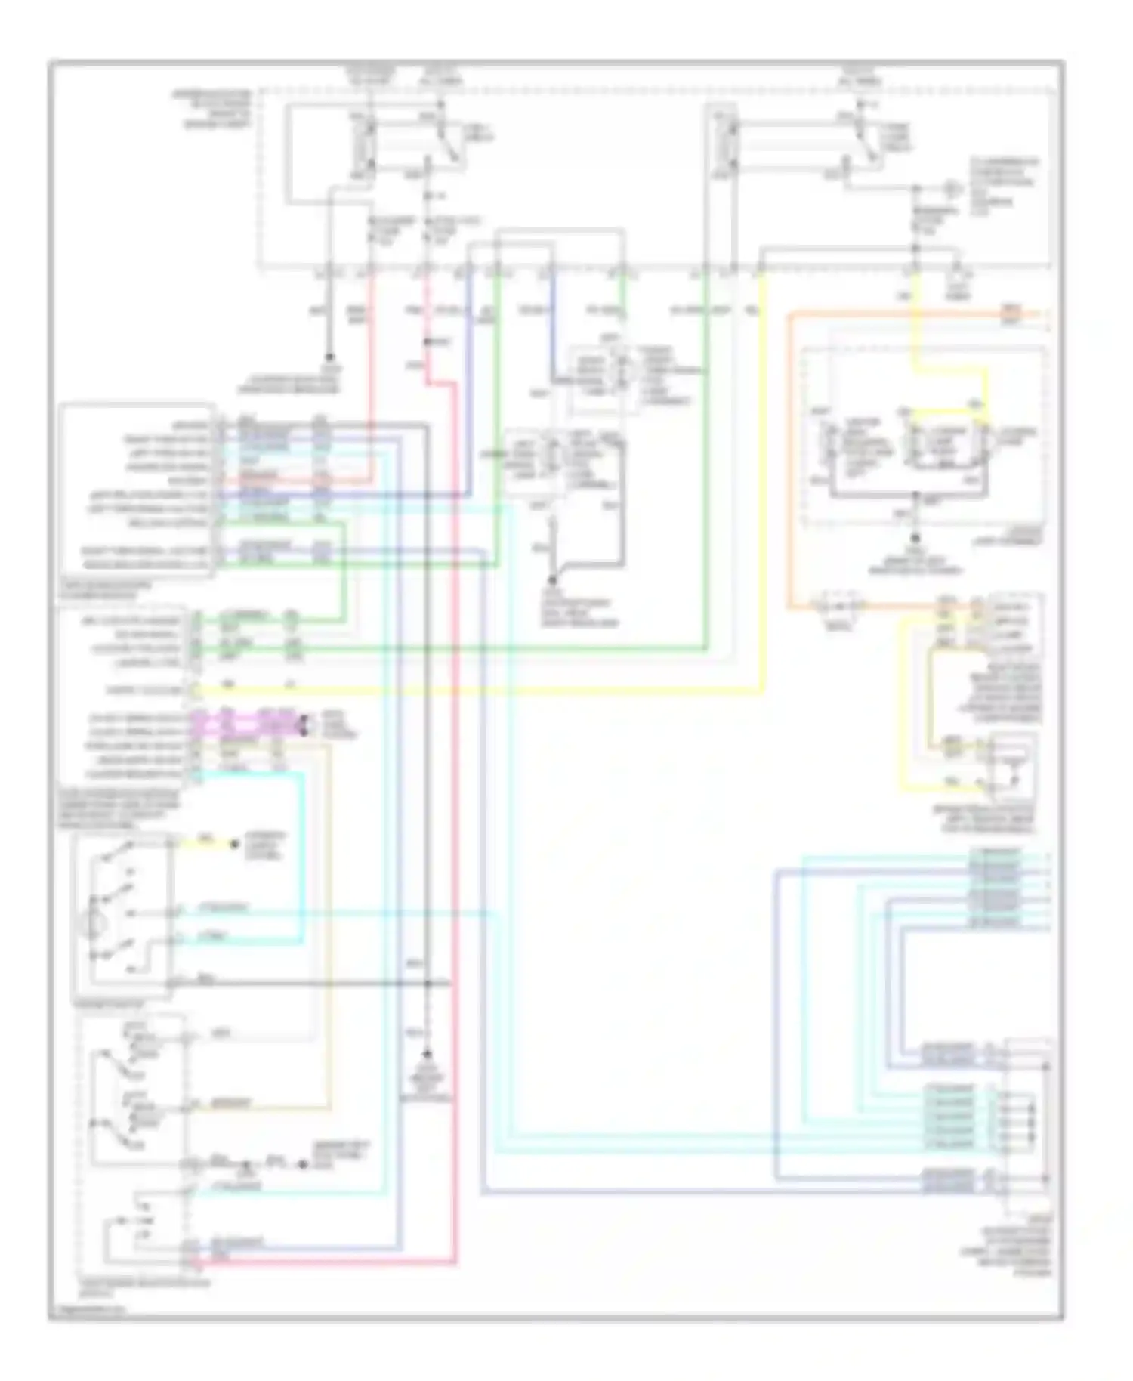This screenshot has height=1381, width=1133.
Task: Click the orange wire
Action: click(x=789, y=453)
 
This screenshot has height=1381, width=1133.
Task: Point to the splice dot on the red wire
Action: click(x=427, y=342)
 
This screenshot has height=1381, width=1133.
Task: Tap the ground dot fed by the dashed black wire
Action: click(x=428, y=1053)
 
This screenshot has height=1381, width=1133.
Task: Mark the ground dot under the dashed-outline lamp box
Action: click(x=915, y=538)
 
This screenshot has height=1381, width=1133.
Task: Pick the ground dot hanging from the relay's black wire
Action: click(x=330, y=358)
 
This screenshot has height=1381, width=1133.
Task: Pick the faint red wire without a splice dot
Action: click(x=371, y=378)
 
